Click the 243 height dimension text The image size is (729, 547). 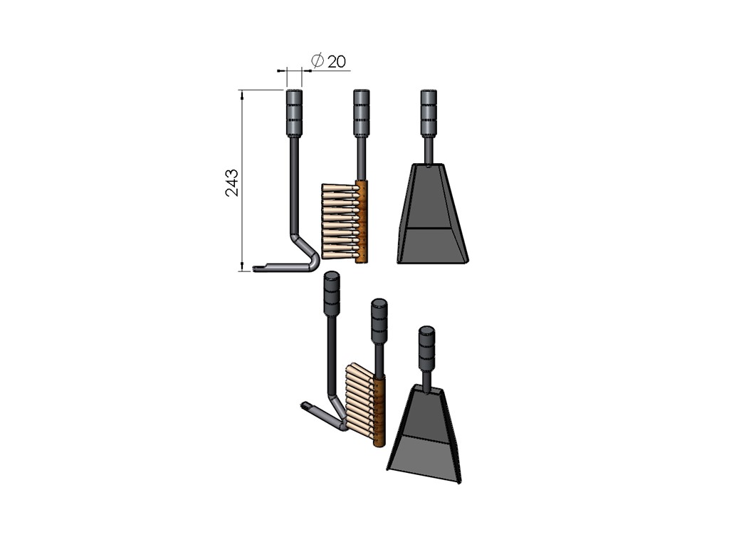tap(232, 183)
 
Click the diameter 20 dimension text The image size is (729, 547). tap(328, 61)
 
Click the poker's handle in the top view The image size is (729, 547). tap(294, 112)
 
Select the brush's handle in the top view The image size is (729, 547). tap(361, 112)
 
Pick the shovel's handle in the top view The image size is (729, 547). tap(429, 112)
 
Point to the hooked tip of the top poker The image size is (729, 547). tap(259, 268)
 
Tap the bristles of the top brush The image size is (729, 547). tap(340, 222)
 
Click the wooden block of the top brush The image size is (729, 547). tap(362, 222)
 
